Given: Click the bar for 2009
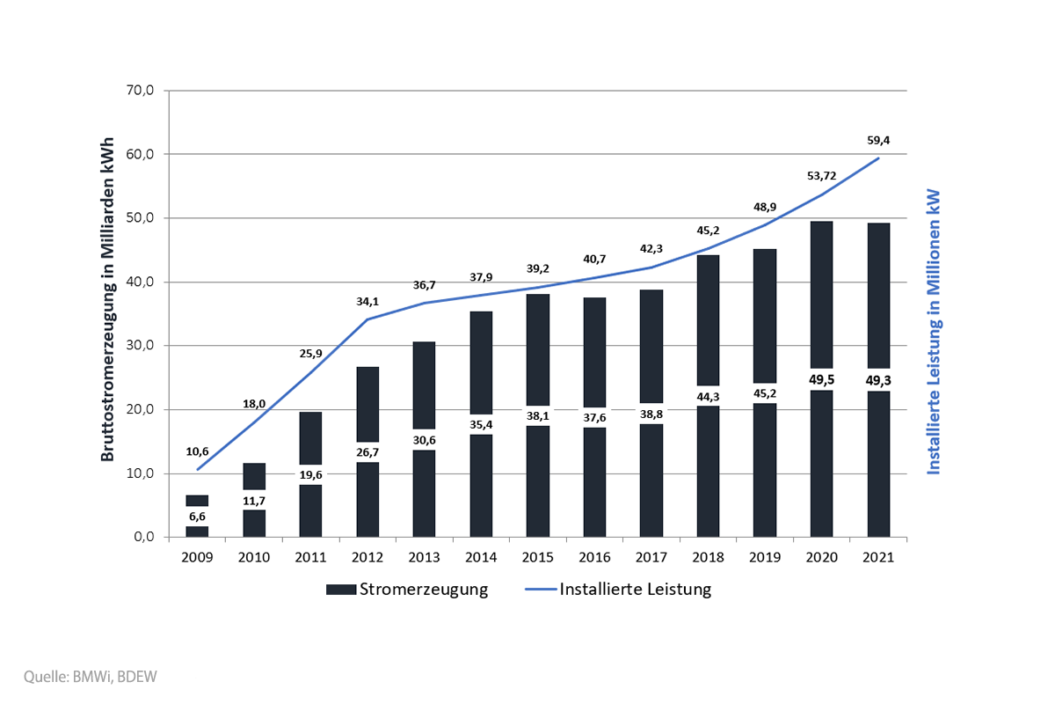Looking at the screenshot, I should coord(197,501).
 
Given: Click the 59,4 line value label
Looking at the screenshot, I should coord(879,139).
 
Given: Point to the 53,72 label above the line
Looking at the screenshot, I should coord(822,176).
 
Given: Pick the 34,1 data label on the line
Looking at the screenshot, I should coord(367,300).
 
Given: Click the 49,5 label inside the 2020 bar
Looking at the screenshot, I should coord(822,380).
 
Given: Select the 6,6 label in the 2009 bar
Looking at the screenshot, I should coord(197,517).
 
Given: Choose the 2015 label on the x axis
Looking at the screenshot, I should coord(538,558).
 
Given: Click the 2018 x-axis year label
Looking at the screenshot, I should coord(709,558).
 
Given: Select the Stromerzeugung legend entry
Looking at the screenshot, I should coord(407,590).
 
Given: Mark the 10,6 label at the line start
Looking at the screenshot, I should coord(197,452).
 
